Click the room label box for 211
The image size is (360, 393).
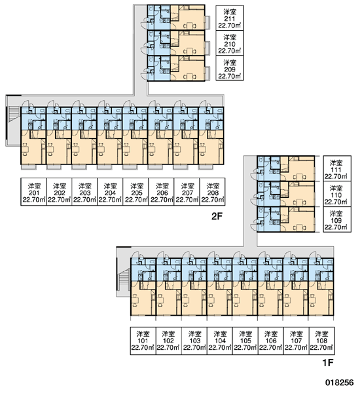230,18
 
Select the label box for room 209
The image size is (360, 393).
230,68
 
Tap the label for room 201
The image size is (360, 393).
33,192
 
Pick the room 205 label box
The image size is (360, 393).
135,192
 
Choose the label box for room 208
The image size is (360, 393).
213,192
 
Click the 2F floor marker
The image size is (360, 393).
217,216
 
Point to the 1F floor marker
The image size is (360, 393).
328,363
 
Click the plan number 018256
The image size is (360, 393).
340,383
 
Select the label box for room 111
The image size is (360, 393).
337,168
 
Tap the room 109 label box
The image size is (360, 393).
337,219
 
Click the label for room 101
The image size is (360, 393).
143,341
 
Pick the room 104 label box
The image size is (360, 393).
220,341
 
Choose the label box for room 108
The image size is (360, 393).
321,341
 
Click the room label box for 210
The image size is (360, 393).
230,43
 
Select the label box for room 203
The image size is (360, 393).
84,192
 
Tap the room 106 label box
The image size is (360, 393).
271,341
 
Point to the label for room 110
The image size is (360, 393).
337,194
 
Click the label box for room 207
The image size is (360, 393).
187,192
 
